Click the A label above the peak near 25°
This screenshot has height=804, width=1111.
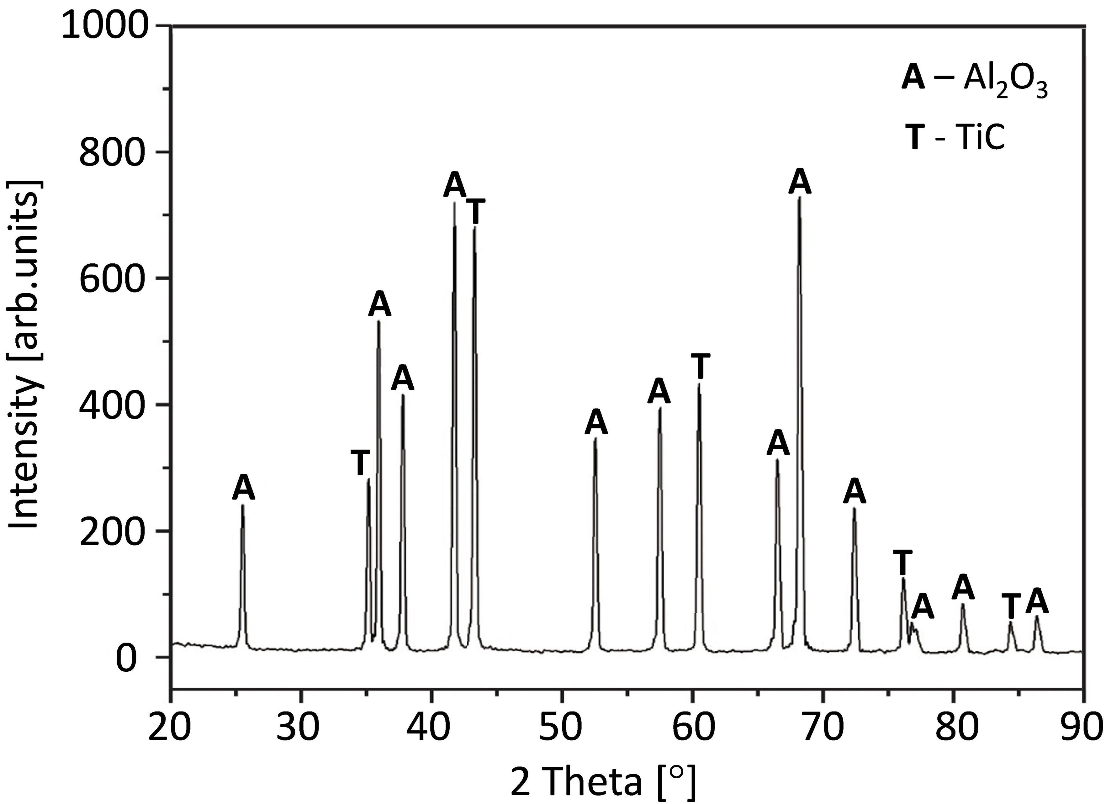(x=243, y=488)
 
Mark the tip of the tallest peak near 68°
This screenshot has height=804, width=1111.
(x=799, y=198)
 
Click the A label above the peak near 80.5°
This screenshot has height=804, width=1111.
(x=963, y=587)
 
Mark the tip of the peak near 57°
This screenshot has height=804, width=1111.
(x=660, y=408)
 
